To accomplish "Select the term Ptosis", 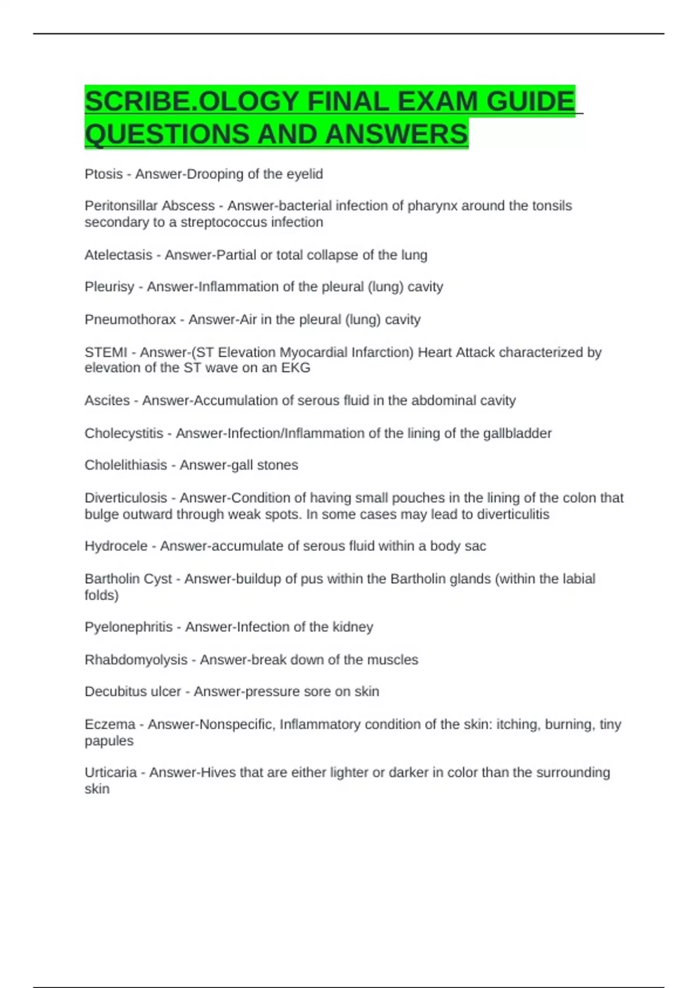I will pyautogui.click(x=104, y=174).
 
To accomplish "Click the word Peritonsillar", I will pyautogui.click(x=120, y=206).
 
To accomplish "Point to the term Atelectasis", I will pyautogui.click(x=118, y=255).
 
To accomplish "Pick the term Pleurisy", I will pyautogui.click(x=109, y=287).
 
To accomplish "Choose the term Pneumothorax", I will pyautogui.click(x=130, y=320).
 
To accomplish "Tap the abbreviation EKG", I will pyautogui.click(x=296, y=368).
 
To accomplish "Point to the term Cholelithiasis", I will pyautogui.click(x=126, y=465).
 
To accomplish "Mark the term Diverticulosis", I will pyautogui.click(x=126, y=498).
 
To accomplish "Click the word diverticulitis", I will pyautogui.click(x=513, y=514).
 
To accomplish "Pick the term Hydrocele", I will pyautogui.click(x=116, y=546).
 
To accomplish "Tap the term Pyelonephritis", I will pyautogui.click(x=129, y=627).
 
